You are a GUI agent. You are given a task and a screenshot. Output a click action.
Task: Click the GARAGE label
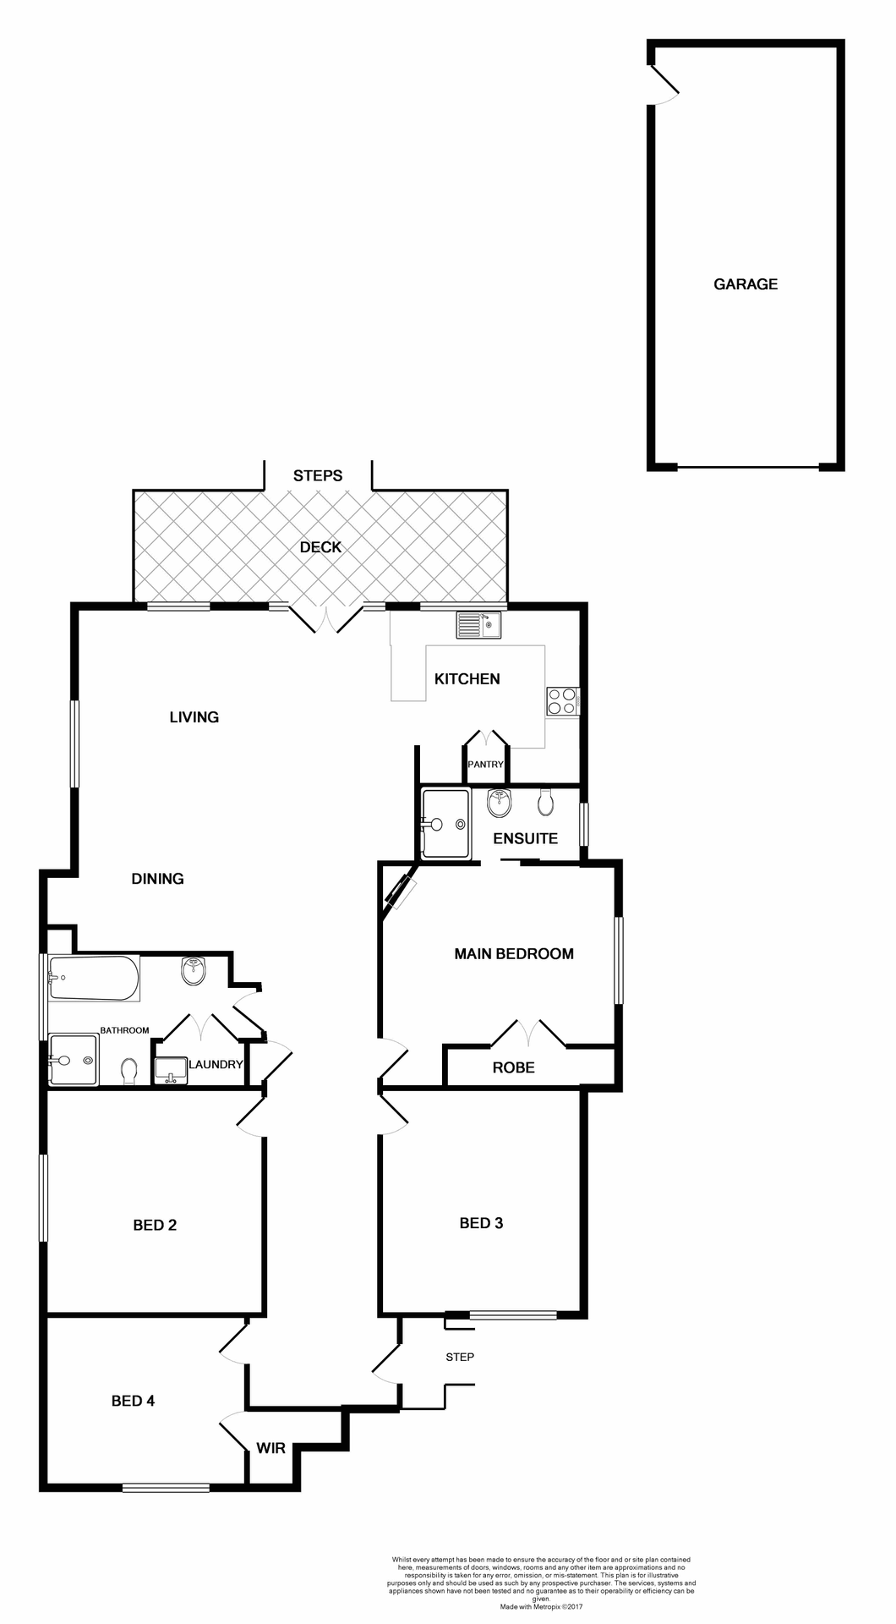(x=745, y=284)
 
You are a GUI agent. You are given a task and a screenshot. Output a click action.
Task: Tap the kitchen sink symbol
(x=478, y=625)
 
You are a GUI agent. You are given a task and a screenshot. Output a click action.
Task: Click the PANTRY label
(x=485, y=764)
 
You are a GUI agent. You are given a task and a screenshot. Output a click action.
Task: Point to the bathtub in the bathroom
(x=93, y=978)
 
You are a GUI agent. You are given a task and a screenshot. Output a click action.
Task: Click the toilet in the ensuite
(x=545, y=801)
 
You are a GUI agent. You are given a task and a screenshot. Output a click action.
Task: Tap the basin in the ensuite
(x=500, y=804)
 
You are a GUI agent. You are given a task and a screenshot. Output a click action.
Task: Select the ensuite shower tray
(x=445, y=824)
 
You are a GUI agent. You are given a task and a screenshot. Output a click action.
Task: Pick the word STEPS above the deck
(x=318, y=475)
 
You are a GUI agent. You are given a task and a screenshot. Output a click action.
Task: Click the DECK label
(x=320, y=547)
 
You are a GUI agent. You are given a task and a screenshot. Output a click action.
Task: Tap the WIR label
(x=270, y=1448)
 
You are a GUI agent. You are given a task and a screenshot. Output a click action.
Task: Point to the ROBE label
(x=513, y=1067)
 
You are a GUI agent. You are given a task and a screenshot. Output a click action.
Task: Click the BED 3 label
(x=481, y=1222)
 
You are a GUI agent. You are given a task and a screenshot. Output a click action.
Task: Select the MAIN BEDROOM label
(x=513, y=953)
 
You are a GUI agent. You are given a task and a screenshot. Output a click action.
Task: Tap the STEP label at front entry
(x=460, y=1357)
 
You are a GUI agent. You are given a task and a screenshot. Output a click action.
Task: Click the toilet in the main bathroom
(x=129, y=1072)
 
